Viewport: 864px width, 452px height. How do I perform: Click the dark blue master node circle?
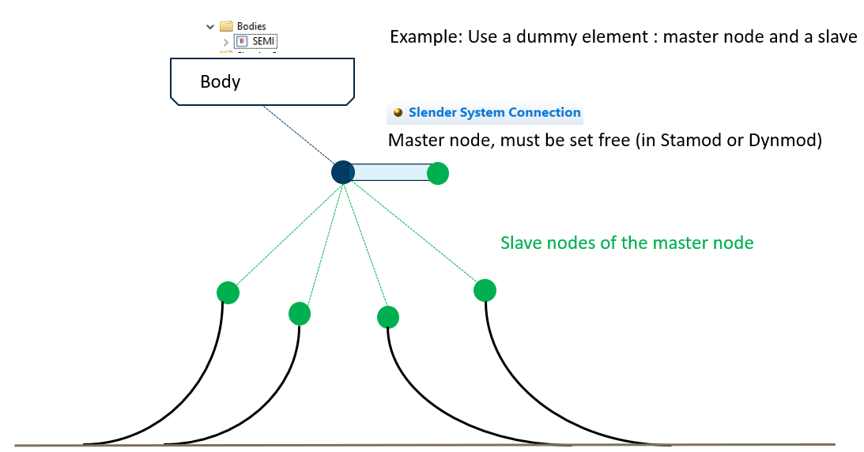click(x=342, y=172)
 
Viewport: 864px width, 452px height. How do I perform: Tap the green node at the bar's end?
click(x=438, y=173)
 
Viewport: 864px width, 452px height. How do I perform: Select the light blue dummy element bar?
click(x=389, y=172)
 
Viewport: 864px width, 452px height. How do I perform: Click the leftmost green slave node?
click(x=228, y=293)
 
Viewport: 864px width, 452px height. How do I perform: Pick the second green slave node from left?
click(x=300, y=314)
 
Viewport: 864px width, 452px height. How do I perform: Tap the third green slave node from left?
click(x=388, y=318)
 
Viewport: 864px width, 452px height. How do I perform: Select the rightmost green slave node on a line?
click(x=485, y=290)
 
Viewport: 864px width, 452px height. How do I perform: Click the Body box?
click(x=262, y=81)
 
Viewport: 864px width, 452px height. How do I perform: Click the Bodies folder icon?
click(x=226, y=26)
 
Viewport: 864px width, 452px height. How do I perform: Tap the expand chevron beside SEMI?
click(x=226, y=42)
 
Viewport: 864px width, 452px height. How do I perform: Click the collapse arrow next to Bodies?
click(x=210, y=27)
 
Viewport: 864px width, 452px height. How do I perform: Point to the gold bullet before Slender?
click(x=398, y=113)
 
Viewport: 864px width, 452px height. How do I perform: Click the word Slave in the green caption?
click(x=522, y=243)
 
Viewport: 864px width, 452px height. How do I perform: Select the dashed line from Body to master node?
click(x=298, y=137)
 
